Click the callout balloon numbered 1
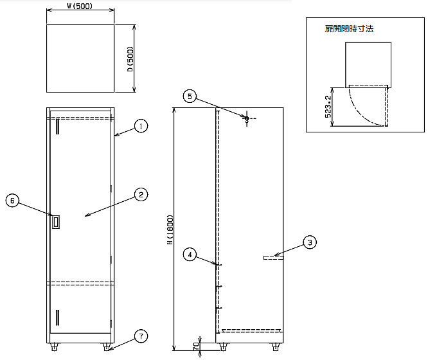click(x=141, y=126)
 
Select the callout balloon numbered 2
click(x=141, y=195)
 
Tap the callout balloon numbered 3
click(x=310, y=242)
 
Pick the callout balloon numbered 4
click(x=190, y=255)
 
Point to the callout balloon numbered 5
click(x=190, y=96)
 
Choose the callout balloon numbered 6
click(x=12, y=201)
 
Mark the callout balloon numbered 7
click(x=141, y=336)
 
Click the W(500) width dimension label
click(x=80, y=6)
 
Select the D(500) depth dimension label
click(x=130, y=59)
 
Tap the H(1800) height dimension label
click(x=170, y=230)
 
